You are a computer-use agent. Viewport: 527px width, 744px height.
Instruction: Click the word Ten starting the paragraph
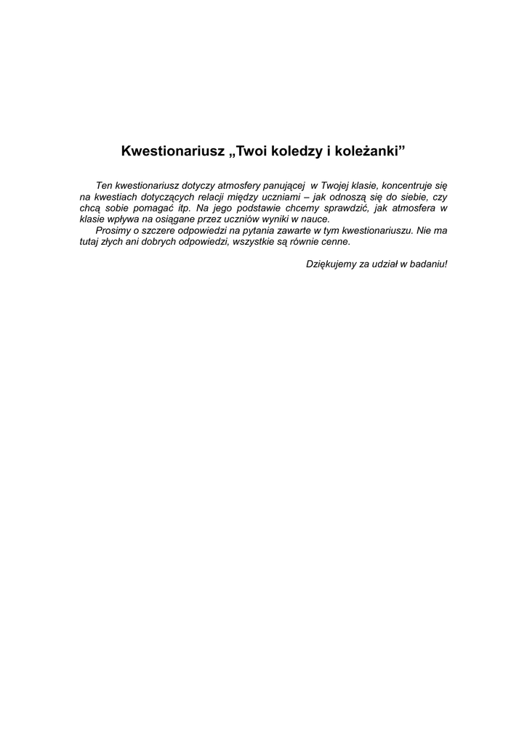click(x=104, y=185)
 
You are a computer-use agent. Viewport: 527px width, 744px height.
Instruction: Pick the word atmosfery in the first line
click(x=237, y=185)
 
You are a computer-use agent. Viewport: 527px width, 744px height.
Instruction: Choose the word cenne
click(x=335, y=241)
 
